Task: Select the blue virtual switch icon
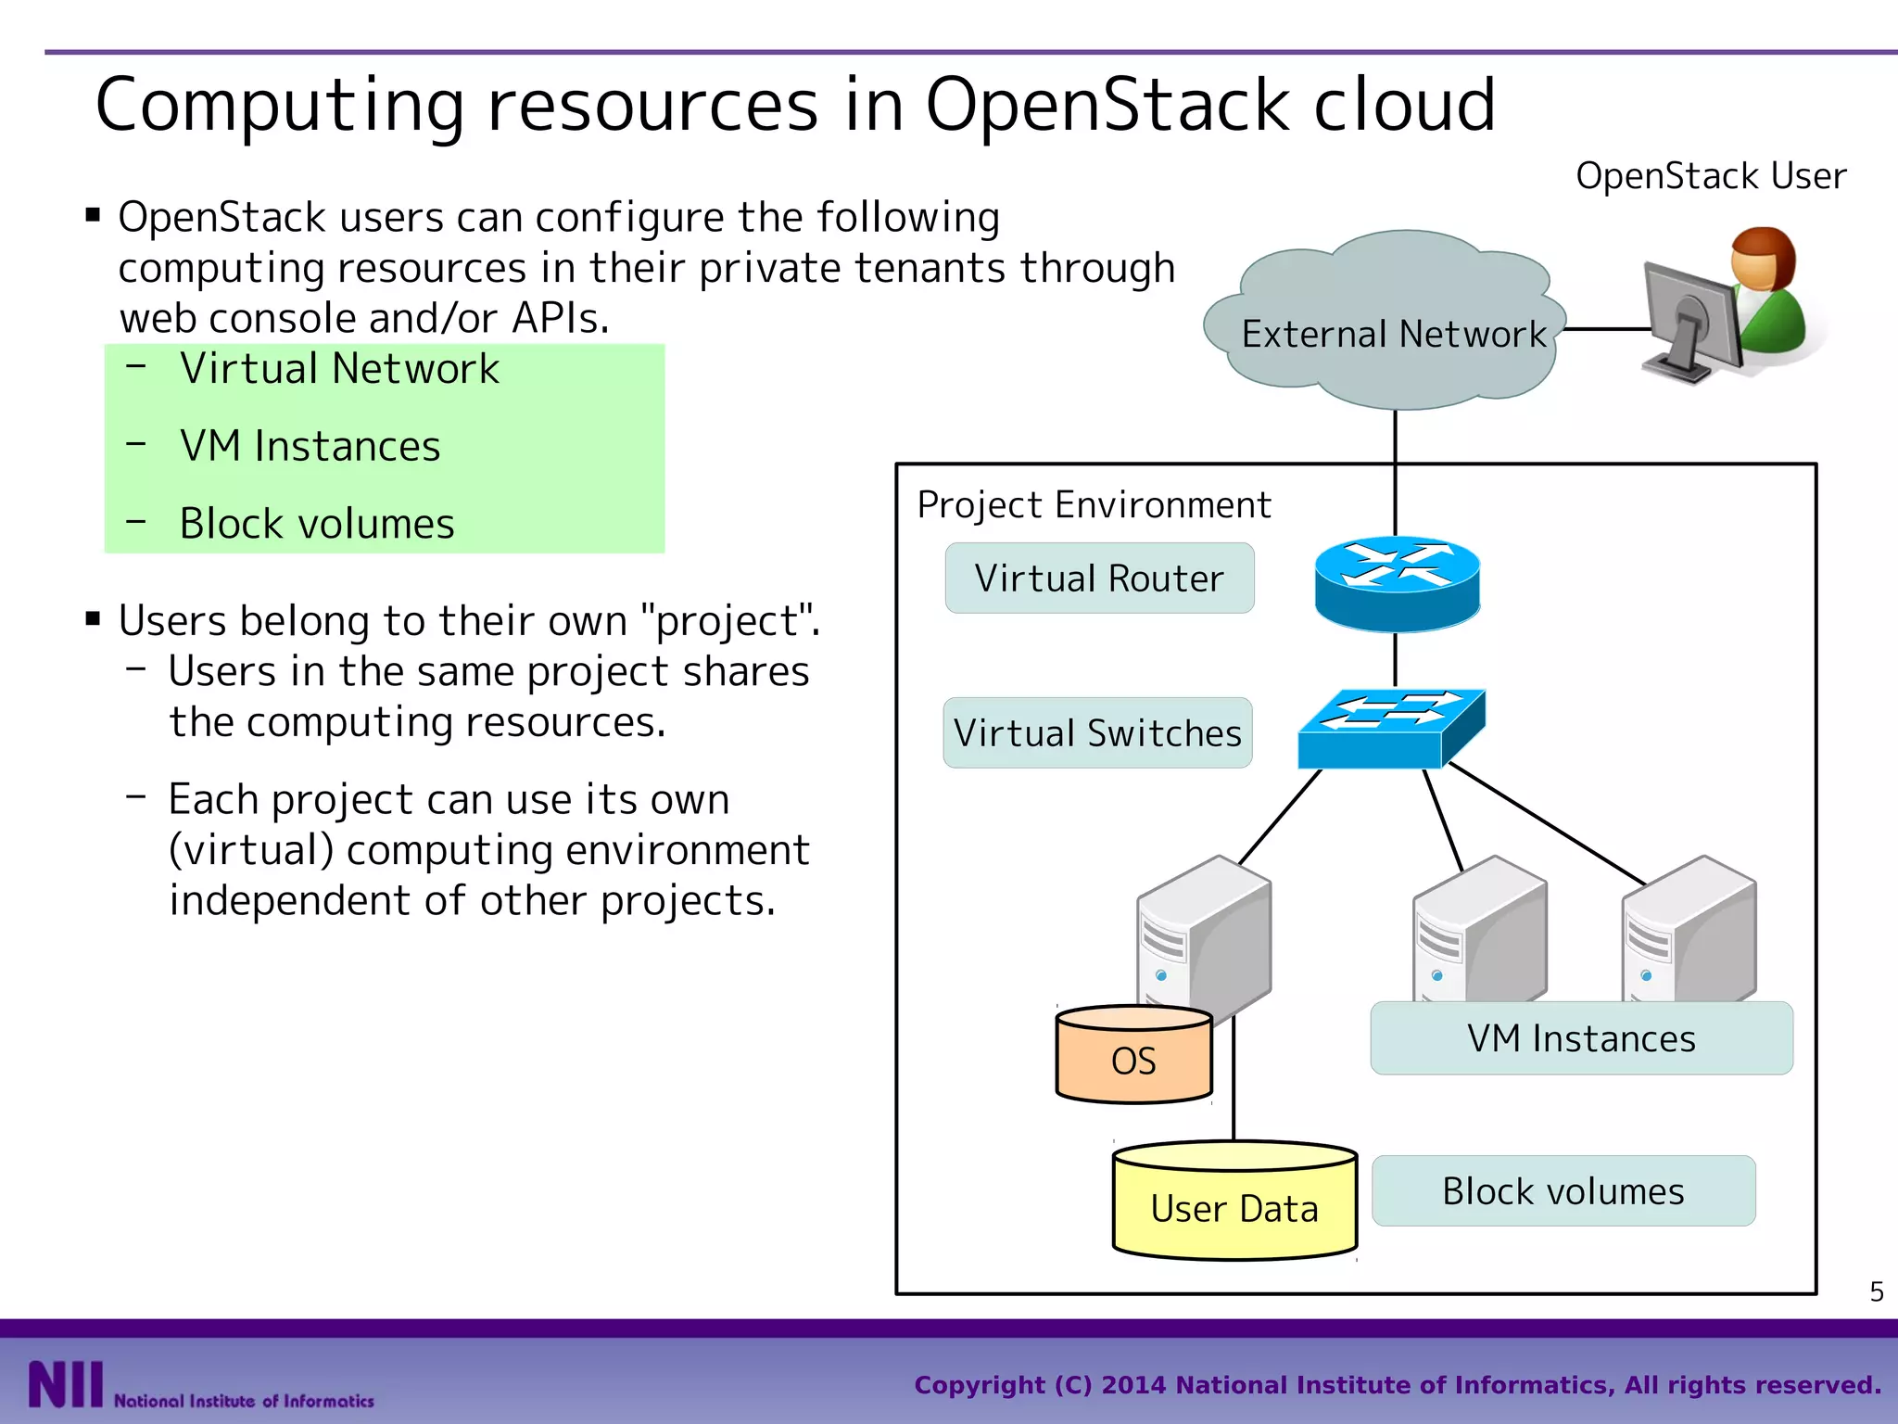1390,730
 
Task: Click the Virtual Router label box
1099,578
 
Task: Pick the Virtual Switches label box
1097,733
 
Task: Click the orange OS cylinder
1133,1059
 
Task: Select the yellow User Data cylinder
1234,1205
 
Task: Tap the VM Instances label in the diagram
1581,1038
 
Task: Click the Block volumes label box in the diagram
1563,1191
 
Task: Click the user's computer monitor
1689,320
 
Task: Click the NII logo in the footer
65,1384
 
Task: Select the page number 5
1876,1292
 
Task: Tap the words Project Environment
1094,505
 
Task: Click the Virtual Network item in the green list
339,369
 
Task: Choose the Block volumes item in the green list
317,524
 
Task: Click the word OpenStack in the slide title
1108,105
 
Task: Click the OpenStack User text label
1710,176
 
